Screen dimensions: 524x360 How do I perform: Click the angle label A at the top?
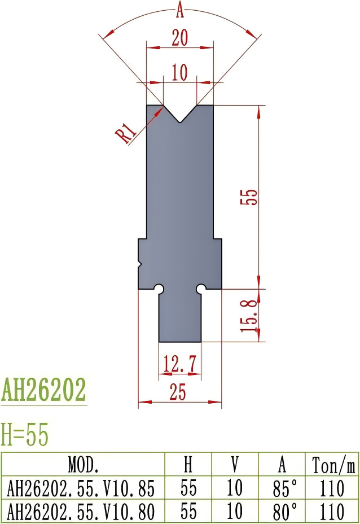pyautogui.click(x=180, y=9)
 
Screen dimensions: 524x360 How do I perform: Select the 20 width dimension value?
pyautogui.click(x=179, y=38)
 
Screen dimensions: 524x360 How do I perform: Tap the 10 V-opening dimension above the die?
pyautogui.click(x=179, y=73)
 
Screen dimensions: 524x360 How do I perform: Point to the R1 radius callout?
pyautogui.click(x=127, y=133)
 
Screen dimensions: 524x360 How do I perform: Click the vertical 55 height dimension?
pyautogui.click(x=251, y=196)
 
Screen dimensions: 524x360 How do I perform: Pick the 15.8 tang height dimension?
pyautogui.click(x=251, y=315)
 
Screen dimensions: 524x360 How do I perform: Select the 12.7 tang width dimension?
pyautogui.click(x=179, y=364)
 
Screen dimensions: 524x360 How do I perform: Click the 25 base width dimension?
pyautogui.click(x=178, y=392)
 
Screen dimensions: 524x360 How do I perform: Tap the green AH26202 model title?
pyautogui.click(x=44, y=390)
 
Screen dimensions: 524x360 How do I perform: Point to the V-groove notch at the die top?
pyautogui.click(x=180, y=116)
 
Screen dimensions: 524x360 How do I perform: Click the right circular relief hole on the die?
pyautogui.click(x=201, y=289)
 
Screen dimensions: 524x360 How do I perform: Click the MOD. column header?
pyautogui.click(x=83, y=465)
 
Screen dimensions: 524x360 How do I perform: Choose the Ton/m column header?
pyautogui.click(x=332, y=465)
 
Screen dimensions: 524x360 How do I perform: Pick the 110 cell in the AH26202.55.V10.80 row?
pyautogui.click(x=332, y=512)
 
